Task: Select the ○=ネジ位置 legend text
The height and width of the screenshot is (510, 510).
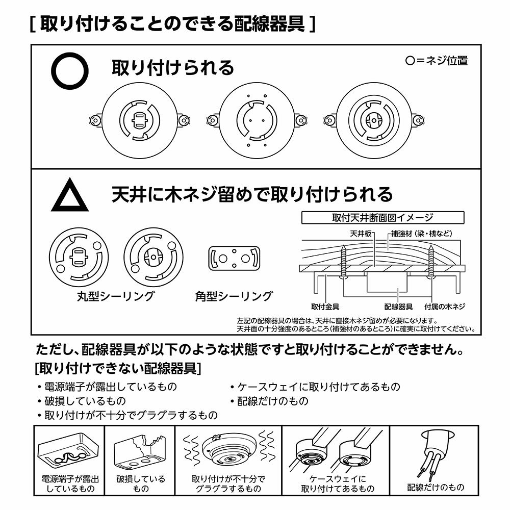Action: coord(436,60)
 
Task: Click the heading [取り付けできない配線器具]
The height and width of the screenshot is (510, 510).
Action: coord(116,368)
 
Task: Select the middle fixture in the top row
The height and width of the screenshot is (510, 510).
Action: coord(257,120)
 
